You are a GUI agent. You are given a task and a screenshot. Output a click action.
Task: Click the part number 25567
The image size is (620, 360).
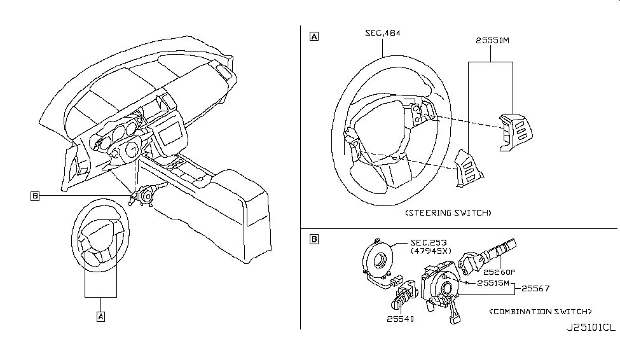click(x=536, y=288)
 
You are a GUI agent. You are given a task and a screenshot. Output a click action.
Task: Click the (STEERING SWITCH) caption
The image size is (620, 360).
click(x=449, y=212)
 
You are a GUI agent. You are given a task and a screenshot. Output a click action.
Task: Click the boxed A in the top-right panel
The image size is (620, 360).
click(x=313, y=37)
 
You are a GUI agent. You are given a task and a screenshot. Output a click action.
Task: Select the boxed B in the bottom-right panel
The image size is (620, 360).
click(x=313, y=240)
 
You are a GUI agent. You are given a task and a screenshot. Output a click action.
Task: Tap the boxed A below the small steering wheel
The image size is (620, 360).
click(x=100, y=315)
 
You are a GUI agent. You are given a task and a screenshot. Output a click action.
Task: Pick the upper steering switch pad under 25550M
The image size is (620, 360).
click(x=516, y=130)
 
